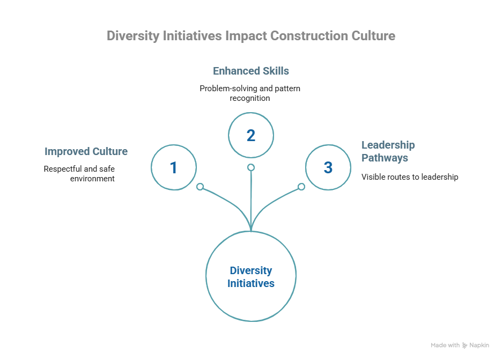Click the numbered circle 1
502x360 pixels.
[173, 167]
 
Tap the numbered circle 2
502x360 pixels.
[250, 135]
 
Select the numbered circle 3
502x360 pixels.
[328, 167]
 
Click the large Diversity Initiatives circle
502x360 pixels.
[250, 277]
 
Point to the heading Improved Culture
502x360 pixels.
[86, 151]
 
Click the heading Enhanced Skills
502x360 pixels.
[251, 71]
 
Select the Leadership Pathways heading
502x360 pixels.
[388, 151]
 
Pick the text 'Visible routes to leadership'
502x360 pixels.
[410, 177]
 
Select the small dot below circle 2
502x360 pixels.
[250, 167]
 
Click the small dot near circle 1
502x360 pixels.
[200, 187]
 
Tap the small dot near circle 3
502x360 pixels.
[301, 187]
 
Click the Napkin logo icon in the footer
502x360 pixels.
[464, 346]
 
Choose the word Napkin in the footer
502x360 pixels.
[479, 346]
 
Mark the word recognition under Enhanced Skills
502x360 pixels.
[250, 98]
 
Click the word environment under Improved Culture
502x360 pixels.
[92, 178]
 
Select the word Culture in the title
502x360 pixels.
[373, 36]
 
